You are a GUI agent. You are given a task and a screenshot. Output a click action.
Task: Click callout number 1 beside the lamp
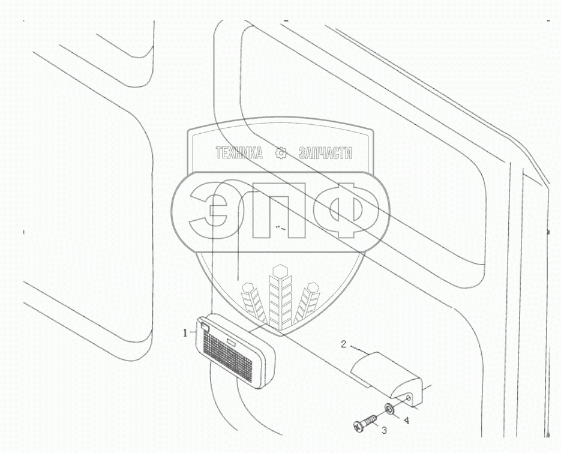click(186, 331)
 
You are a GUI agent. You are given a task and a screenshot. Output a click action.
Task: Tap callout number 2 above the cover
click(343, 345)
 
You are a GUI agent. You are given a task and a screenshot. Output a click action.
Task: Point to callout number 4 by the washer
click(407, 421)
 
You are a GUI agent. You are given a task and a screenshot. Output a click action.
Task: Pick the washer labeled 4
click(389, 410)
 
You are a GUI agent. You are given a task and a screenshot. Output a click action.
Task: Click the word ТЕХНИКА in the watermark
click(239, 154)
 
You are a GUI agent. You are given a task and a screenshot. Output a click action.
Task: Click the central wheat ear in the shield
click(278, 294)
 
